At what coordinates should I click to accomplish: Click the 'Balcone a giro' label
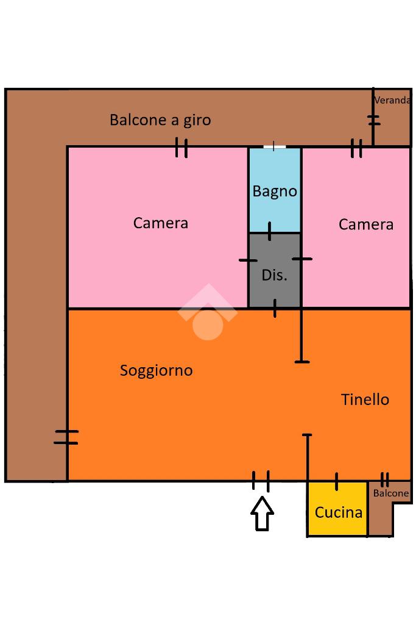pyautogui.click(x=160, y=120)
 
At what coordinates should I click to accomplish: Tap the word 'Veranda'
pyautogui.click(x=392, y=101)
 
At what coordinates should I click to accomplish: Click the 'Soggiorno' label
pyautogui.click(x=157, y=370)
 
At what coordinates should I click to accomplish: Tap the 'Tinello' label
pyautogui.click(x=365, y=400)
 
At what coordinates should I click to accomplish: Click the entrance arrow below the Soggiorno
pyautogui.click(x=263, y=513)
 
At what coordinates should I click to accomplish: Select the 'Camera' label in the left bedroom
pyautogui.click(x=161, y=223)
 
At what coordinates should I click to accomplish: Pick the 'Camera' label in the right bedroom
pyautogui.click(x=366, y=224)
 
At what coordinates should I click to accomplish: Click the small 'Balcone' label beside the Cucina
pyautogui.click(x=390, y=493)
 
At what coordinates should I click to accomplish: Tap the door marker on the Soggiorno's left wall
pyautogui.click(x=66, y=437)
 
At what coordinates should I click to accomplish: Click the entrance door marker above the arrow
pyautogui.click(x=261, y=481)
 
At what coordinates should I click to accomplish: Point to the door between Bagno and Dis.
pyautogui.click(x=270, y=232)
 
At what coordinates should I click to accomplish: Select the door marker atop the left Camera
pyautogui.click(x=182, y=147)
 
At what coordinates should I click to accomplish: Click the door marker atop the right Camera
pyautogui.click(x=357, y=148)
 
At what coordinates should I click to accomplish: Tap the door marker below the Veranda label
pyautogui.click(x=374, y=120)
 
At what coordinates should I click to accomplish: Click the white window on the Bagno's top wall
pyautogui.click(x=275, y=146)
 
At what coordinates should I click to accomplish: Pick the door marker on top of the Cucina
pyautogui.click(x=336, y=481)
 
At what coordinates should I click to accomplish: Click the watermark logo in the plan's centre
pyautogui.click(x=208, y=314)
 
